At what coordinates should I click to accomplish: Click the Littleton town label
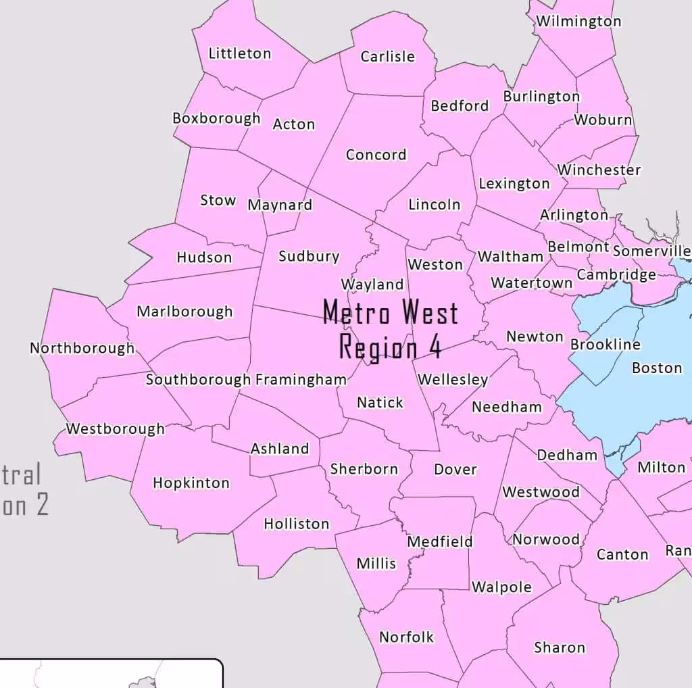239,53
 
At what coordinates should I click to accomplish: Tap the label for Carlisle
387,57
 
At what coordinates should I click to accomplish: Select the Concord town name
376,155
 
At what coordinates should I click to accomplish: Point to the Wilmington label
578,21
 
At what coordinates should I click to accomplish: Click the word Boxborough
216,118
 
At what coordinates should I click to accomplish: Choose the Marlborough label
184,312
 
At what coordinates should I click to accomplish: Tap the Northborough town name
82,348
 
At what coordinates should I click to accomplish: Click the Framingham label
301,380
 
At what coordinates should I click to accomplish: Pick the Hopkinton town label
191,483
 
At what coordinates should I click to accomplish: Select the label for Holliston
297,524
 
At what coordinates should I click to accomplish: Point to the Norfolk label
407,637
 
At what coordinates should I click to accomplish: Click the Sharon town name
560,647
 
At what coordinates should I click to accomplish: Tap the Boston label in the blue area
657,368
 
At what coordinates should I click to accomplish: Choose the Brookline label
605,345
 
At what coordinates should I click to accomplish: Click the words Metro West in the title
391,313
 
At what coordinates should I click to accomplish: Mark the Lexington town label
514,184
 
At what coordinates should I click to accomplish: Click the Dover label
455,470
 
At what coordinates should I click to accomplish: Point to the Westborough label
115,428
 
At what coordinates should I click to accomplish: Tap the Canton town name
622,555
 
